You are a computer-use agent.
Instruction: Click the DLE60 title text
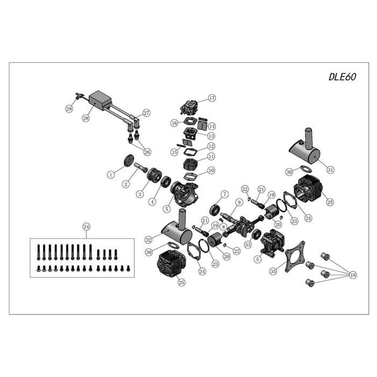tap(342, 76)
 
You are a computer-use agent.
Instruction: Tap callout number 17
tap(212, 98)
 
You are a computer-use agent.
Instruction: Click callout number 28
tap(85, 117)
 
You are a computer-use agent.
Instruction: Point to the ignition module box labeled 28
tap(101, 100)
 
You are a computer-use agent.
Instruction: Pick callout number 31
tap(331, 170)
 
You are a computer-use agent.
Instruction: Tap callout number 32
tap(149, 239)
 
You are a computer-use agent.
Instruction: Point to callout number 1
tap(111, 174)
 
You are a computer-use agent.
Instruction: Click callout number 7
tap(225, 193)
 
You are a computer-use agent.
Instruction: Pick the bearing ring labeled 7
tap(217, 210)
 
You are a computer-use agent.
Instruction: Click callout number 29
tap(69, 109)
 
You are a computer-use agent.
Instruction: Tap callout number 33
tap(248, 245)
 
